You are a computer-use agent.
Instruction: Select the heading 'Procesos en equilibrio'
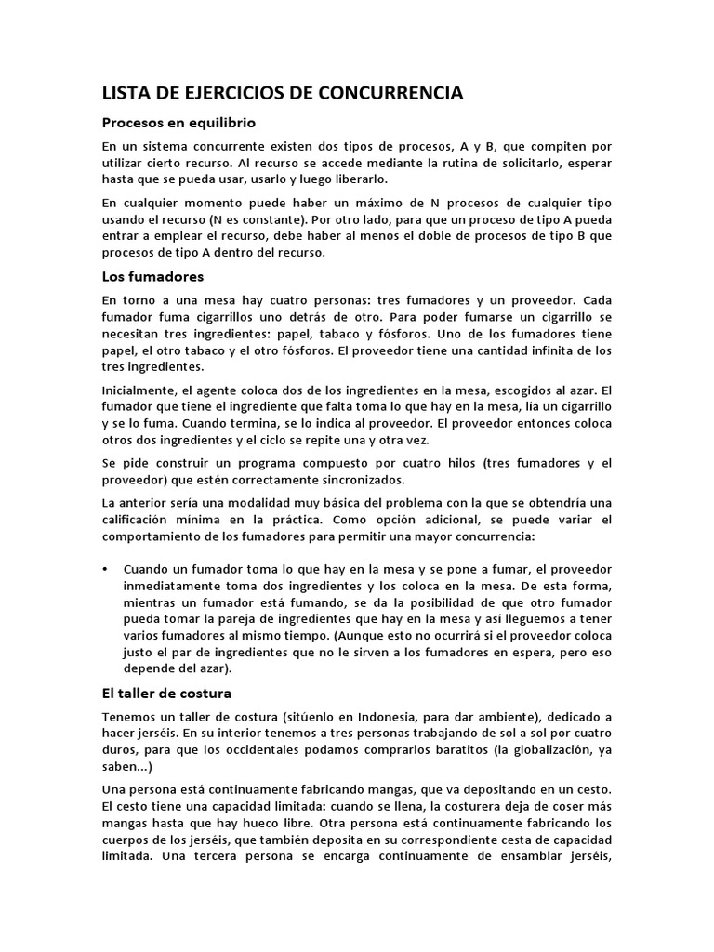[178, 123]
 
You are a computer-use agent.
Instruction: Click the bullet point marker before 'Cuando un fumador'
[104, 568]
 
